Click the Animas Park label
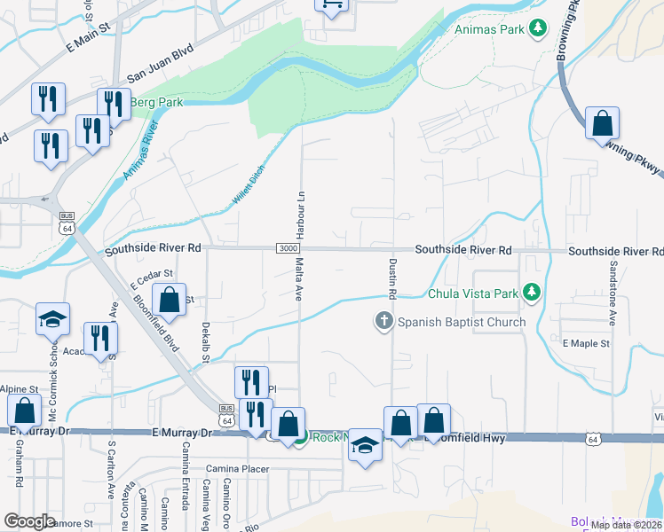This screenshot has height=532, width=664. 490,29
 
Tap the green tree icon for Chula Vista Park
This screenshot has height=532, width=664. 532,292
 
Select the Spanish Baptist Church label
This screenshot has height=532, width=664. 462,322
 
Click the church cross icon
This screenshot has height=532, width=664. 383,321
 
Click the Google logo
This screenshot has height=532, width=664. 29,521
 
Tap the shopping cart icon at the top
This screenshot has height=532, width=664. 331,5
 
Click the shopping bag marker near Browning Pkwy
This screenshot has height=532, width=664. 602,124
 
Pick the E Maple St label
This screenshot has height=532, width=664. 586,342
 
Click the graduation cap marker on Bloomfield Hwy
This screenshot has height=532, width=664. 364,445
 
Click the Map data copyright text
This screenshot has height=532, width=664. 624,525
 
